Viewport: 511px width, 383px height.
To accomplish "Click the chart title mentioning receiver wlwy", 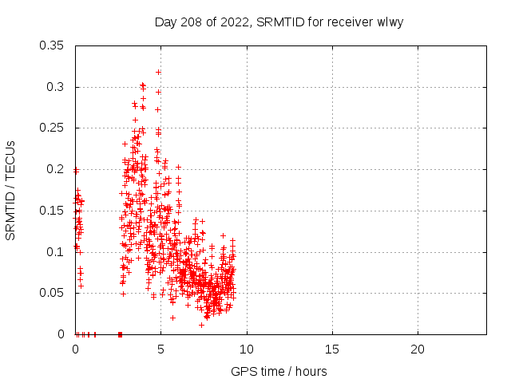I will point(279,22).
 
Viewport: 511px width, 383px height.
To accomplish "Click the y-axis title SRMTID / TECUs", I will point(11,189).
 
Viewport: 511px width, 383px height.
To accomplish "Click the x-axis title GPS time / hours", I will point(279,371).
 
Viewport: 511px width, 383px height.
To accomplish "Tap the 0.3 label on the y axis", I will point(57,87).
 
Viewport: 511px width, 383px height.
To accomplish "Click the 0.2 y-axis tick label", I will point(57,169).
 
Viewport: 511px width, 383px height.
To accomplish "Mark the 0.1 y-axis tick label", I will point(57,252).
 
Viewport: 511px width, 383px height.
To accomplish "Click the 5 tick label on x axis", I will point(160,349).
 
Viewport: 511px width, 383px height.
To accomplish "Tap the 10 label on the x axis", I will point(247,349).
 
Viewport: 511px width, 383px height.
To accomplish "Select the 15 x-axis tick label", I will point(332,349).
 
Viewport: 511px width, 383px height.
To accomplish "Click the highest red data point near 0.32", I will point(159,72).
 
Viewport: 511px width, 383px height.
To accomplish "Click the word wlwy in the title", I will point(389,22).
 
